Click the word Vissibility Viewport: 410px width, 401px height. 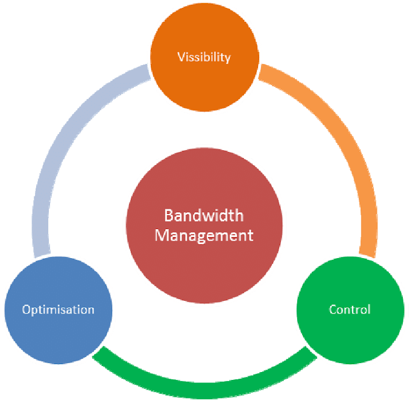[204, 58]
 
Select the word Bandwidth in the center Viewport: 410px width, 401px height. [204, 215]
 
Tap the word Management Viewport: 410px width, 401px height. [204, 235]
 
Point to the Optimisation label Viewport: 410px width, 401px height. [58, 310]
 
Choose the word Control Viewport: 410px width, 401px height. [350, 310]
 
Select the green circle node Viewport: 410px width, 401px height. [350, 332]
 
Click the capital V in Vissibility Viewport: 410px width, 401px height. [181, 58]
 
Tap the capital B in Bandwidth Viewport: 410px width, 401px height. [169, 215]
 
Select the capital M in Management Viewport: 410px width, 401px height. [161, 235]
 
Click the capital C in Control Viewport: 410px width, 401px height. [333, 310]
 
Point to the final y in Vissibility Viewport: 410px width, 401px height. [228, 59]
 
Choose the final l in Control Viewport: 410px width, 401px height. [369, 309]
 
